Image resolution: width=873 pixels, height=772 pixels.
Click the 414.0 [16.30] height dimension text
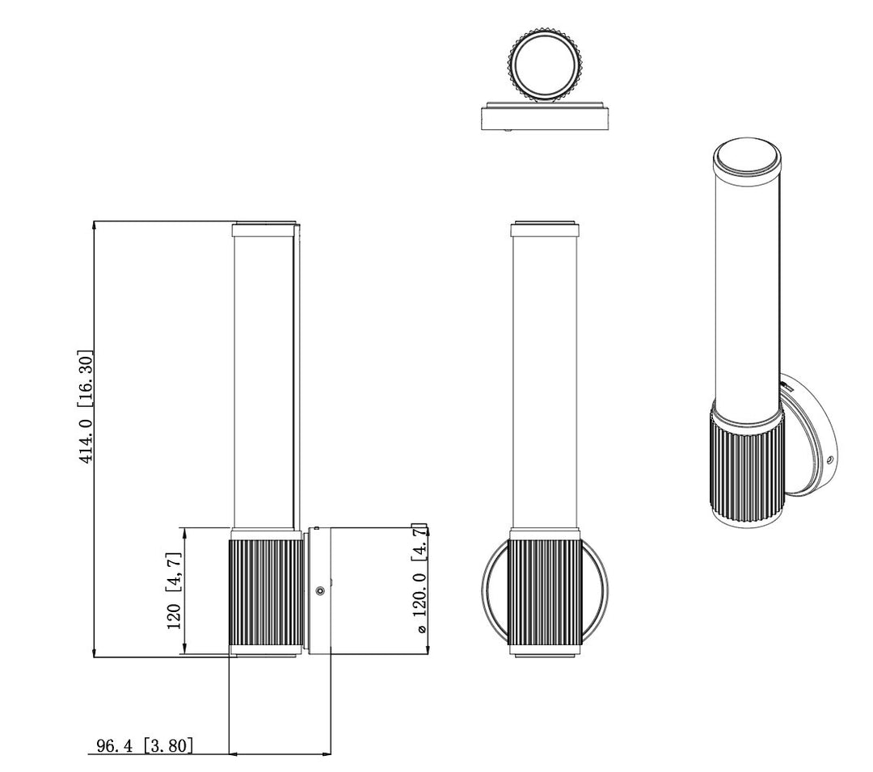click(x=87, y=406)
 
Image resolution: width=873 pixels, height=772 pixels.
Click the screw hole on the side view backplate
click(x=320, y=591)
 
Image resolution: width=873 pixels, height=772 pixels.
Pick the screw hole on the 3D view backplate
click(x=830, y=459)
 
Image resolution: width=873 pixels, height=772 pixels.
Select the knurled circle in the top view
click(x=544, y=65)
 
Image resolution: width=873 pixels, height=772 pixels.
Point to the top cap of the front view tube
click(x=545, y=229)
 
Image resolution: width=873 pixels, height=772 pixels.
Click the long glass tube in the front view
click(x=545, y=380)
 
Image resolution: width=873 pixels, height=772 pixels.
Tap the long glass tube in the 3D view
click(x=747, y=291)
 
